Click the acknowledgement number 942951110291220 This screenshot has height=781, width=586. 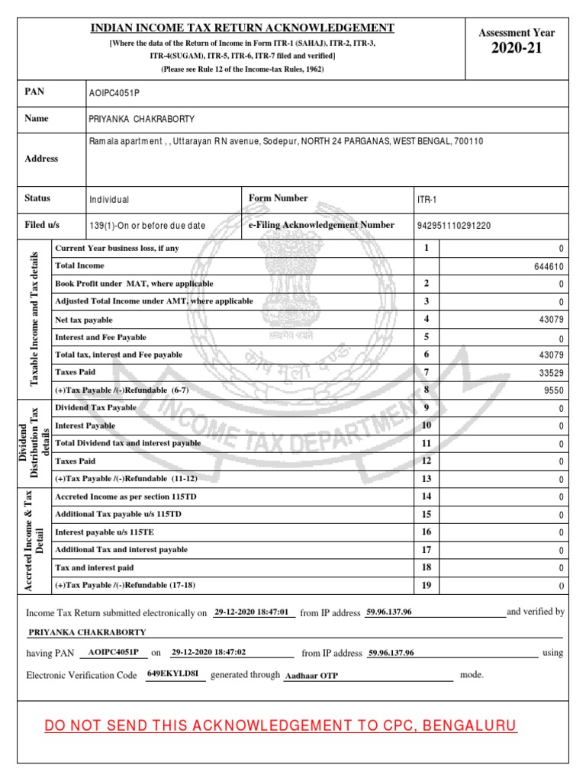click(x=453, y=226)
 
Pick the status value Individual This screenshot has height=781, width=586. click(x=109, y=199)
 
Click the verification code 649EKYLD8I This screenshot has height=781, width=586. click(x=175, y=674)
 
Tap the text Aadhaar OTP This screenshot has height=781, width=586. click(x=311, y=676)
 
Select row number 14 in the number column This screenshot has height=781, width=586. click(x=427, y=497)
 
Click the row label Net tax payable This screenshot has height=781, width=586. click(x=84, y=320)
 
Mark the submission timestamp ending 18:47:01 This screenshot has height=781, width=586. click(x=251, y=612)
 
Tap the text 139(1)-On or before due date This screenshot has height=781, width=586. click(x=147, y=226)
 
